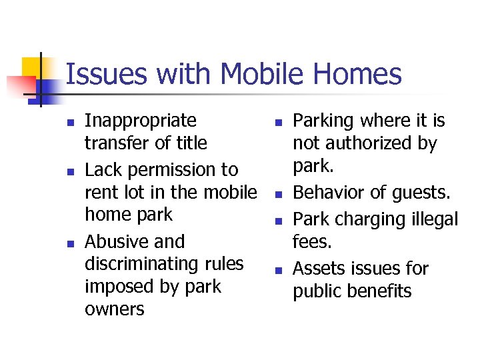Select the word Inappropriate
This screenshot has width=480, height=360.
click(141, 121)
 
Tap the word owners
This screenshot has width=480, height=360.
click(114, 309)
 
